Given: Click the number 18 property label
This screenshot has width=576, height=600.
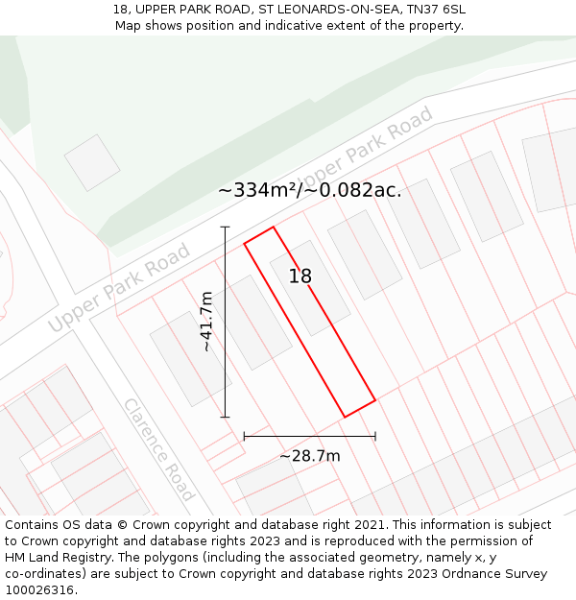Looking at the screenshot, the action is [x=300, y=276].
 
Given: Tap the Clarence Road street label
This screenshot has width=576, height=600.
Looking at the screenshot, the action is [x=158, y=448].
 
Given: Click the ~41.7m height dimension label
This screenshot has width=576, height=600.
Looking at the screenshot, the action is [x=206, y=322].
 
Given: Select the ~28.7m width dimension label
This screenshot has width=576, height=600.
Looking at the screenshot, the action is [x=309, y=456].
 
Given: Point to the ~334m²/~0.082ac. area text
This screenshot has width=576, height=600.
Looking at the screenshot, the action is [x=309, y=190].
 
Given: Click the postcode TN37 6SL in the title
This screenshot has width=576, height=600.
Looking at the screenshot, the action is [x=431, y=9].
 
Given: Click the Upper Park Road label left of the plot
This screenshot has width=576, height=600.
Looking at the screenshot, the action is [x=119, y=288].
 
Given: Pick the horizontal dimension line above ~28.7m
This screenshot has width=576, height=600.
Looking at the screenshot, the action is [x=309, y=436].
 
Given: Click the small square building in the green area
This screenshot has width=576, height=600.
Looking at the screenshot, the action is [x=92, y=162].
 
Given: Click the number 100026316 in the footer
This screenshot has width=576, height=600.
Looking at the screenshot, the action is [x=39, y=590].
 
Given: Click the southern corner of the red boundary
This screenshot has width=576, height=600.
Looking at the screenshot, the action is [x=345, y=417].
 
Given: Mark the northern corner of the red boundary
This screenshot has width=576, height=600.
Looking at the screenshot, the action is [x=274, y=227].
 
